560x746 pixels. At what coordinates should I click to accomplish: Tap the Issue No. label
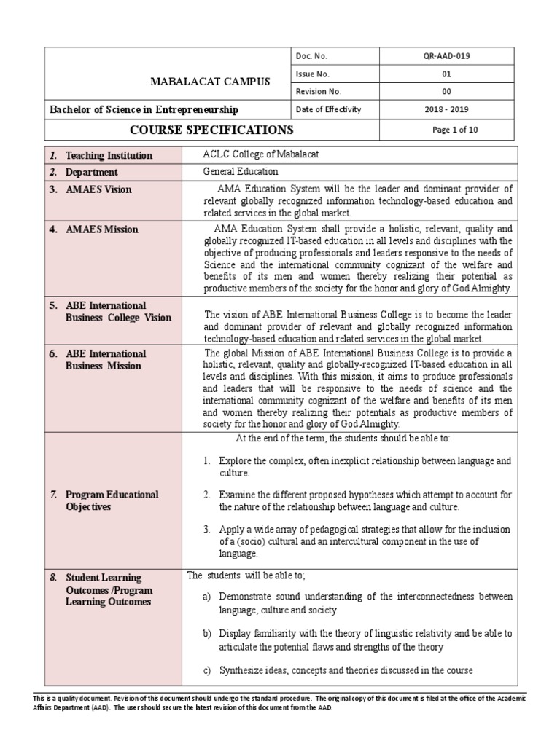(x=312, y=74)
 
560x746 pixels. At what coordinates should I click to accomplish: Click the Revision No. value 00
(x=447, y=92)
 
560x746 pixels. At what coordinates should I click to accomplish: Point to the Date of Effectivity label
(x=328, y=109)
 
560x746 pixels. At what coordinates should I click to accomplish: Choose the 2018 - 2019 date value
(x=447, y=109)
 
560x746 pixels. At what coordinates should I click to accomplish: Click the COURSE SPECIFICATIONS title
(x=211, y=130)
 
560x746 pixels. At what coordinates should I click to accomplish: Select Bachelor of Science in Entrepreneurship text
(x=144, y=109)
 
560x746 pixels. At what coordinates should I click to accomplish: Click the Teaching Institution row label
(x=109, y=155)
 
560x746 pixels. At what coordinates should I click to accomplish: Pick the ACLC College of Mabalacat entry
(x=260, y=154)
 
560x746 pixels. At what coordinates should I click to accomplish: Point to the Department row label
(x=91, y=172)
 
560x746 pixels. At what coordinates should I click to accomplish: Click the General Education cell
(x=241, y=171)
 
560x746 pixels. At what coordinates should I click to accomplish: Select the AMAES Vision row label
(x=98, y=189)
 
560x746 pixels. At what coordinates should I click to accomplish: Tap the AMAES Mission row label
(x=101, y=229)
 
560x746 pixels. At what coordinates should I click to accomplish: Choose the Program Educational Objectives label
(x=112, y=500)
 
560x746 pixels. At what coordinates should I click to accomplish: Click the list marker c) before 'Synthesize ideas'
(x=208, y=670)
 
